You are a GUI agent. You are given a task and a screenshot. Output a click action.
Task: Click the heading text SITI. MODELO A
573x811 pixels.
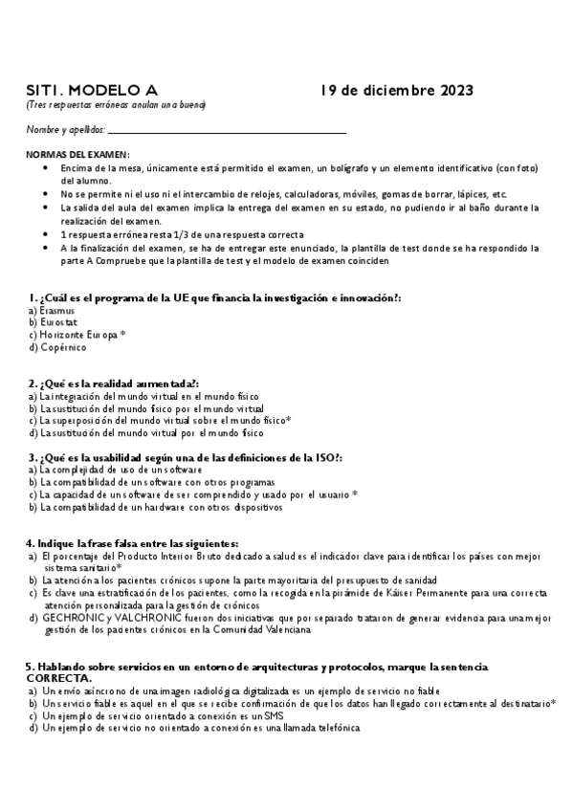coord(83,91)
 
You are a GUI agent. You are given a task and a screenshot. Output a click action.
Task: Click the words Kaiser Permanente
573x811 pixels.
coord(429,593)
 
